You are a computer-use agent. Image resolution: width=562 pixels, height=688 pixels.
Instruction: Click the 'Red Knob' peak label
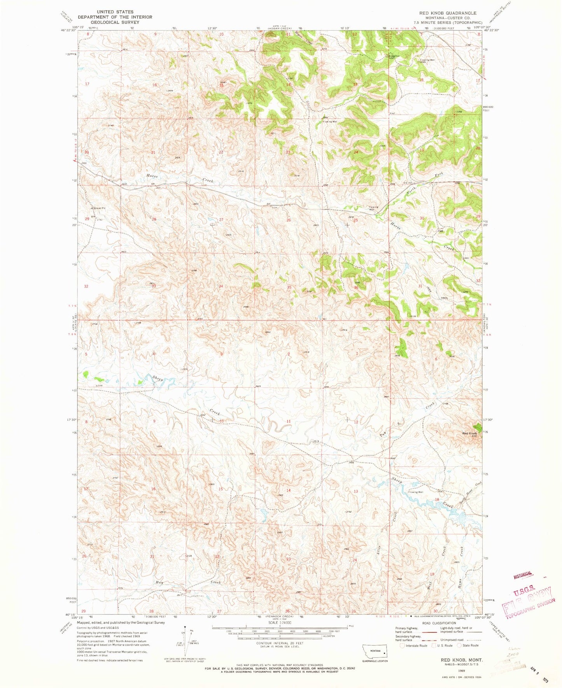[469, 433]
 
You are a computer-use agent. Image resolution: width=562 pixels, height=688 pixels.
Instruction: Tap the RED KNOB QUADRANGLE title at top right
[447, 13]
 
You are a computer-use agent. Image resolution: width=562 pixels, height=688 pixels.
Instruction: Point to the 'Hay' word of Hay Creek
[159, 583]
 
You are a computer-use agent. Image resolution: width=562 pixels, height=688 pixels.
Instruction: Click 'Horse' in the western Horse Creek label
[152, 176]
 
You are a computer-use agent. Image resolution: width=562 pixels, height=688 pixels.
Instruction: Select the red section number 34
[221, 286]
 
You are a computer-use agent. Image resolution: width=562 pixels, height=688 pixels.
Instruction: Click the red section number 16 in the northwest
[154, 85]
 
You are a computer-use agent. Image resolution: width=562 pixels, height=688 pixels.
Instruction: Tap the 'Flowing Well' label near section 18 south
[415, 492]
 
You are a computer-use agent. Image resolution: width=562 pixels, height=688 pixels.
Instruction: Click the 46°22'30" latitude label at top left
[68, 30]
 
